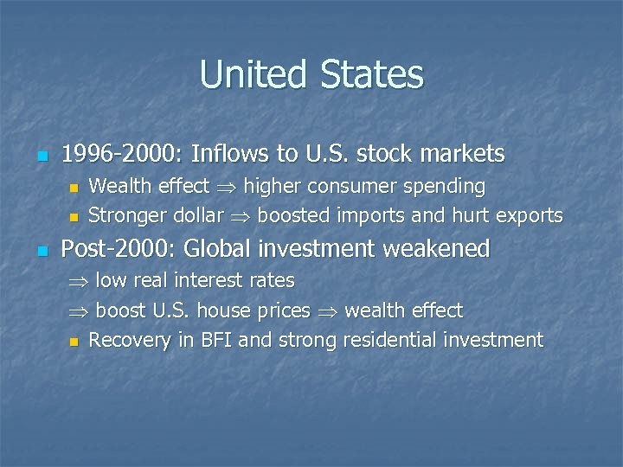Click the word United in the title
(254, 74)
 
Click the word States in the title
(372, 74)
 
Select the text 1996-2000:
(122, 154)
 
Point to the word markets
(461, 154)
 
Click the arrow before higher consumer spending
(226, 187)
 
